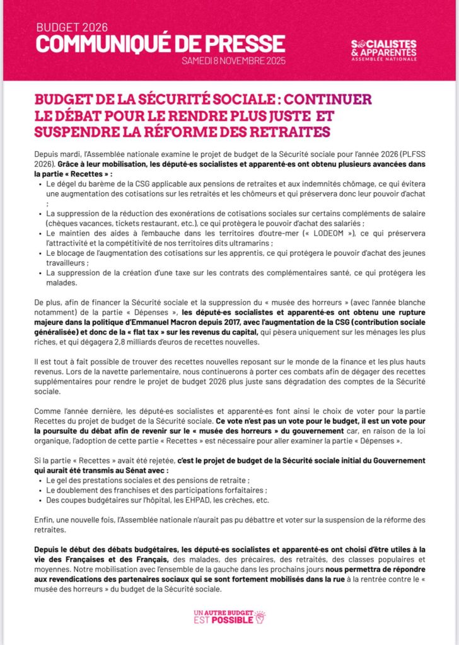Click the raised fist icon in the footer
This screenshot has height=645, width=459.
pos(260,617)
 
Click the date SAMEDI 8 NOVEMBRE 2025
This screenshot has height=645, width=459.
pos(234,62)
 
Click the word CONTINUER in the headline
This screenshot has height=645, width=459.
pos(328,101)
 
